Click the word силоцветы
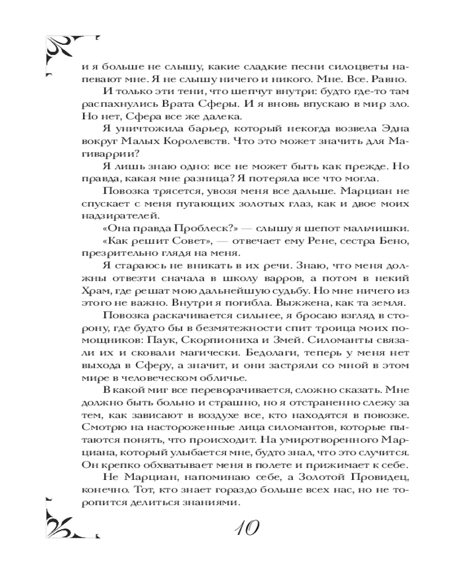coord(321,65)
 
